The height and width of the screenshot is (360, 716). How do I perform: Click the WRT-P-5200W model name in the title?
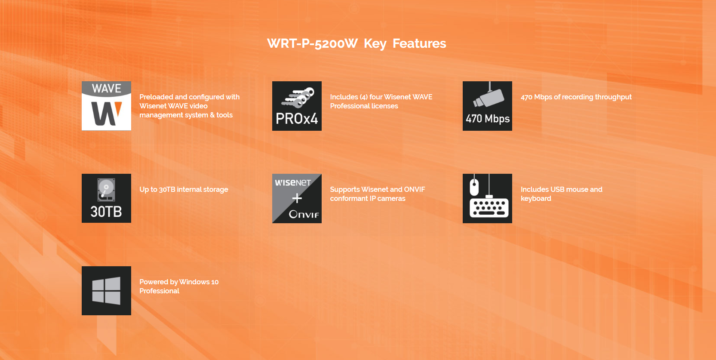pyautogui.click(x=312, y=43)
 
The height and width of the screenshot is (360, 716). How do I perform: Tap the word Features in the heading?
pyautogui.click(x=419, y=43)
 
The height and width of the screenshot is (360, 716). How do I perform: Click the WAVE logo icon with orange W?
pyautogui.click(x=107, y=106)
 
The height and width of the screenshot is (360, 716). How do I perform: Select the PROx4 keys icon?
pyautogui.click(x=297, y=106)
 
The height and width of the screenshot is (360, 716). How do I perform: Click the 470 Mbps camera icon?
pyautogui.click(x=488, y=106)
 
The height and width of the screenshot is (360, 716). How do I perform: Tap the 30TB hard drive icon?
pyautogui.click(x=107, y=198)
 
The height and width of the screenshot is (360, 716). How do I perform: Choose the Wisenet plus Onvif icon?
pyautogui.click(x=297, y=198)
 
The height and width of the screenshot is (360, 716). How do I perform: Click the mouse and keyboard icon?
pyautogui.click(x=488, y=198)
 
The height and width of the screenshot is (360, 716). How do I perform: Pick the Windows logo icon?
pyautogui.click(x=107, y=291)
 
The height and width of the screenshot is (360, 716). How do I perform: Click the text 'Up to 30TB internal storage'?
pyautogui.click(x=184, y=189)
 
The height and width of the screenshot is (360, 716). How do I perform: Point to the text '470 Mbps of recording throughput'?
pyautogui.click(x=576, y=97)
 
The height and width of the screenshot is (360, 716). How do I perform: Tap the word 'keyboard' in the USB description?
pyautogui.click(x=536, y=199)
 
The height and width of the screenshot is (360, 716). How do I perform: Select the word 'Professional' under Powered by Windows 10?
pyautogui.click(x=159, y=291)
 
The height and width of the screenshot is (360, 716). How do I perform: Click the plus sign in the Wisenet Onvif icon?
pyautogui.click(x=297, y=198)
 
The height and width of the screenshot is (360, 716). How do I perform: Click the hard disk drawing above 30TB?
pyautogui.click(x=106, y=190)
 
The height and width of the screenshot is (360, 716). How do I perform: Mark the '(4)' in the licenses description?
pyautogui.click(x=364, y=97)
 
